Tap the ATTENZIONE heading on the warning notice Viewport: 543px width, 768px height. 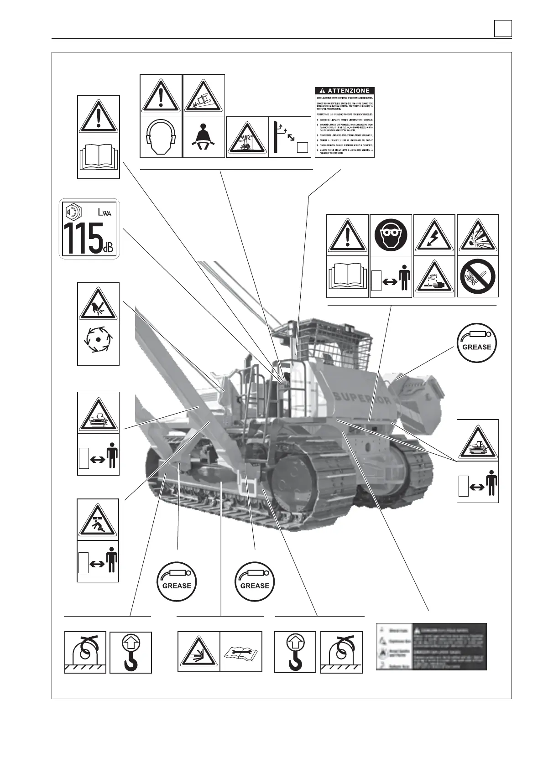tap(345, 91)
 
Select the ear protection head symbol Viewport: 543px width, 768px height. tap(161, 137)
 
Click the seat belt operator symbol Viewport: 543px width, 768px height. tap(204, 137)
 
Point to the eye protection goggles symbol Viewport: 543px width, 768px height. tap(391, 235)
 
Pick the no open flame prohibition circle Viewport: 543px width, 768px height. tap(477, 277)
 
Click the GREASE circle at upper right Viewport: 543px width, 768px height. tap(477, 343)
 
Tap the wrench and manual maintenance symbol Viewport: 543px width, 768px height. tap(241, 652)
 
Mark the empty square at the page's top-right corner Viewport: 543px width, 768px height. tap(503, 29)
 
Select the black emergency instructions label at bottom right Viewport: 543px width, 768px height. tap(432, 646)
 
